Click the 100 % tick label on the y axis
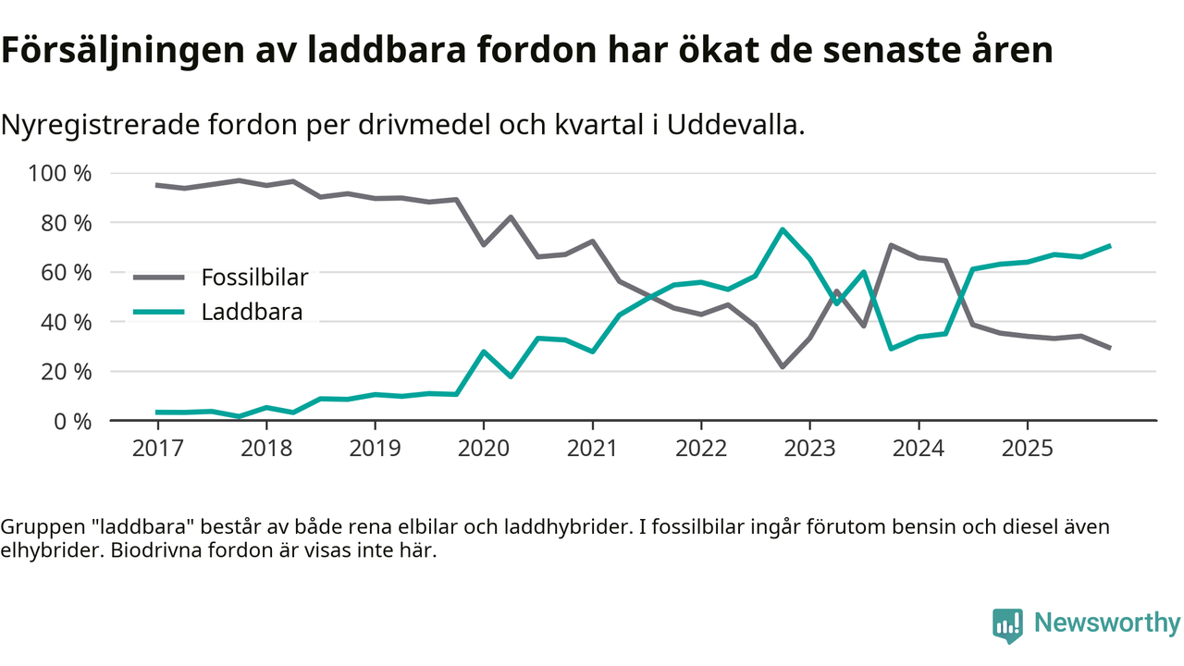61,174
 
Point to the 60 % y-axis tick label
67,273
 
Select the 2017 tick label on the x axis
157,449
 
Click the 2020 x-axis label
484,449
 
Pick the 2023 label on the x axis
809,449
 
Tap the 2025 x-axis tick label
1027,449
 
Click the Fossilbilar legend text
254,277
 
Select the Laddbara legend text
252,312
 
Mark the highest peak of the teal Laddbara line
783,229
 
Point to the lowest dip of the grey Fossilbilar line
783,367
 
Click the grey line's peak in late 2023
891,245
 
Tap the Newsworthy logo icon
1007,624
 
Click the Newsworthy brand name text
1106,623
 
